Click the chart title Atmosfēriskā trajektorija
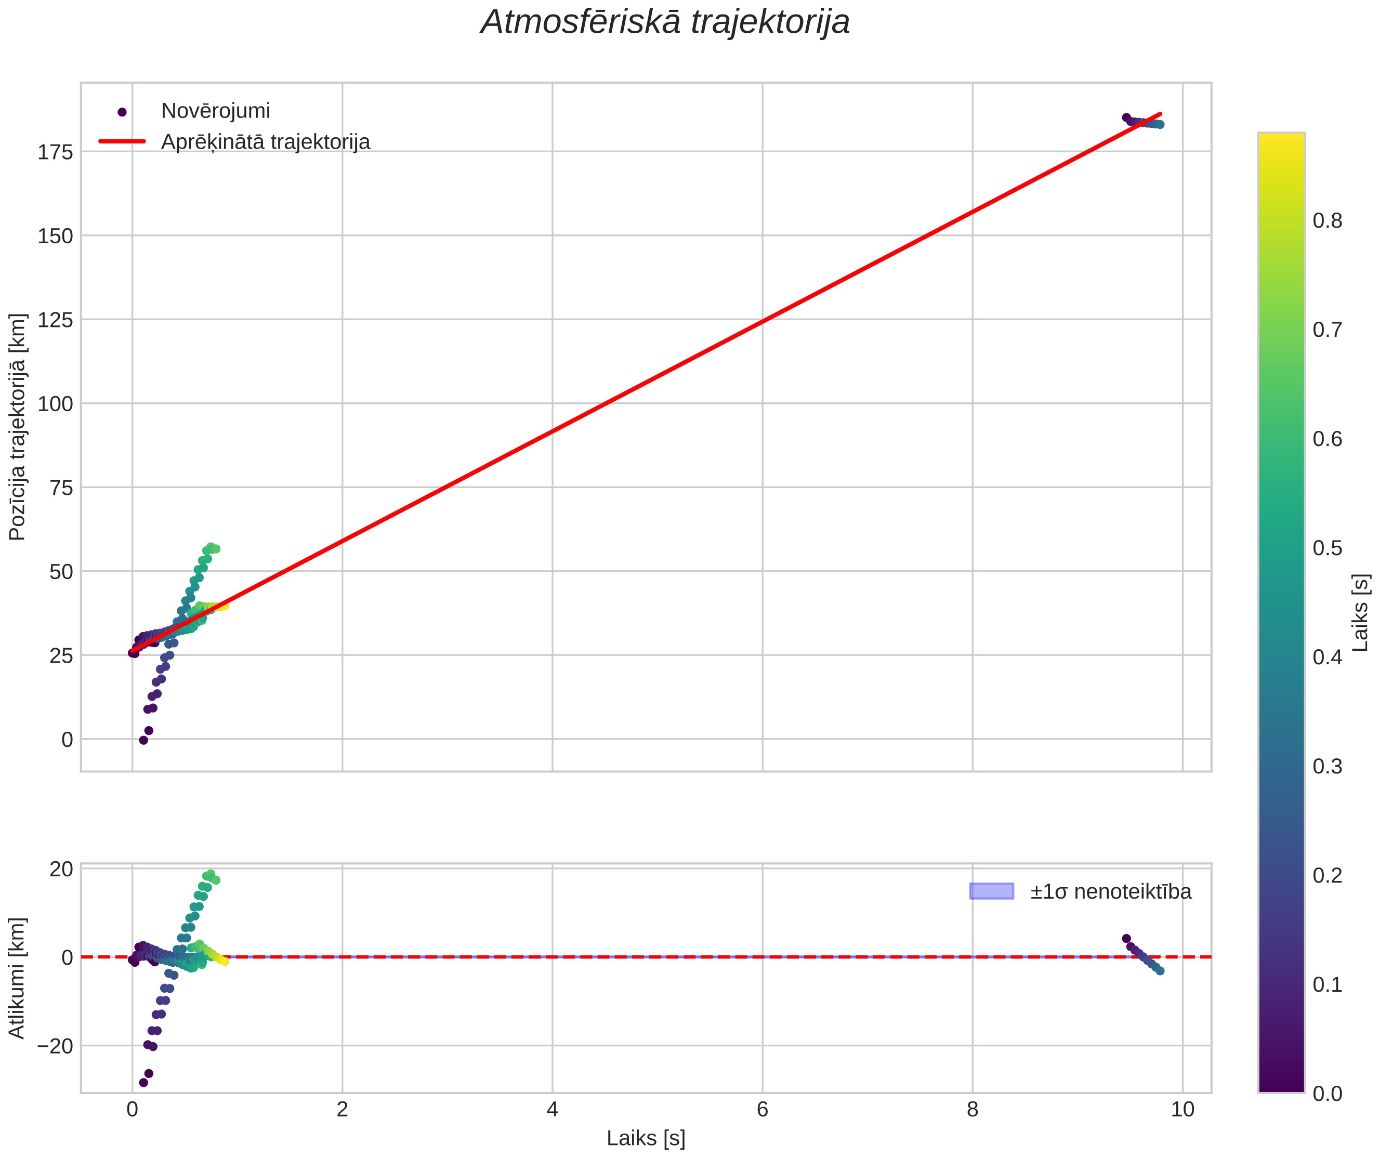tap(665, 22)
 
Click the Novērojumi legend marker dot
tap(122, 112)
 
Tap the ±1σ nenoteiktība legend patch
tap(992, 891)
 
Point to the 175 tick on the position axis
tap(55, 152)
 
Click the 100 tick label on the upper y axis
tap(55, 404)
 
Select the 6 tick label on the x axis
tap(763, 1110)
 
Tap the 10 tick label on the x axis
tap(1183, 1110)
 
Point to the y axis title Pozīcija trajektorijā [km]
tap(17, 427)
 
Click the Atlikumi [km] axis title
tap(17, 978)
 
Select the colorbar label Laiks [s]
tap(1361, 613)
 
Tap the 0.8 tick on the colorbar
tap(1328, 220)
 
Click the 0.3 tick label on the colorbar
tap(1328, 766)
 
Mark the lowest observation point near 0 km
tap(143, 740)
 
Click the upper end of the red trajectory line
tap(1160, 114)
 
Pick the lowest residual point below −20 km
tap(143, 1083)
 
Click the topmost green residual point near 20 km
tap(210, 874)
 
